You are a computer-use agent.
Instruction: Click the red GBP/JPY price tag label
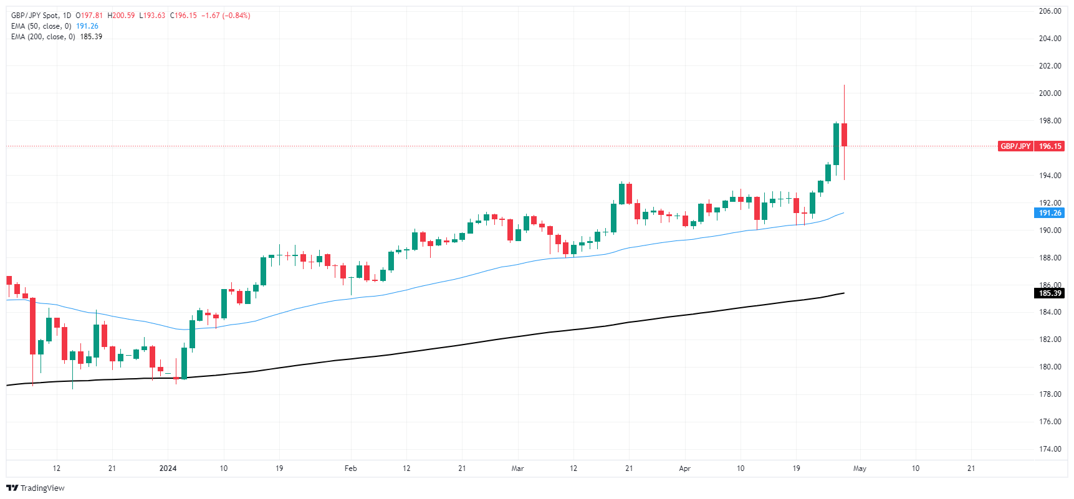[1015, 146]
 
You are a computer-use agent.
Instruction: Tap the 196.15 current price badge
[1050, 146]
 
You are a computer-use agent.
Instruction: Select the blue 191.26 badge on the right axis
[1050, 213]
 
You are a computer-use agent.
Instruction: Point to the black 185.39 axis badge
[1050, 293]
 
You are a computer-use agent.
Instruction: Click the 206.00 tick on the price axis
[1050, 11]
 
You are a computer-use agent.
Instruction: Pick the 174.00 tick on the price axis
[1050, 449]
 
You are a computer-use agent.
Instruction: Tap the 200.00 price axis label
[1050, 93]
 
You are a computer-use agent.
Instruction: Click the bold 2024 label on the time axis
[168, 468]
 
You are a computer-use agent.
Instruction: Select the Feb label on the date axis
[350, 468]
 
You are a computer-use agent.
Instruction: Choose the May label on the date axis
[860, 468]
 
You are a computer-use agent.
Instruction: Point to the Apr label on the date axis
[684, 468]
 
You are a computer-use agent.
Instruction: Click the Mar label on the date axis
[517, 468]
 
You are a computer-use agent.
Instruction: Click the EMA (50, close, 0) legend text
[41, 26]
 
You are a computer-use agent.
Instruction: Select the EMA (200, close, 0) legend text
[43, 37]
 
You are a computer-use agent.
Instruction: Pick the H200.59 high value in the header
[121, 16]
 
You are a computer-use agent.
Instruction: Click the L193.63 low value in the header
[151, 16]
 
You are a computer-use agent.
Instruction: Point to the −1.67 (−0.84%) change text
[226, 16]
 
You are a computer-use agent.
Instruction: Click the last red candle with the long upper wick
[844, 135]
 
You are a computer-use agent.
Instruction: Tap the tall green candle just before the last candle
[836, 144]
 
